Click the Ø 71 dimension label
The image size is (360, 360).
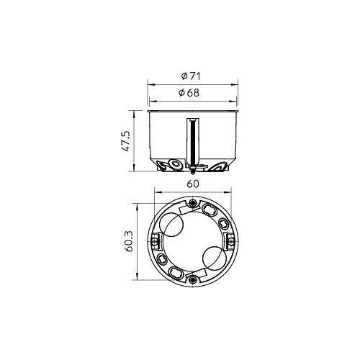pos(191,76)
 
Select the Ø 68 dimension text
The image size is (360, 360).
pos(189,93)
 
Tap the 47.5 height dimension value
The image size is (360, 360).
pos(126,141)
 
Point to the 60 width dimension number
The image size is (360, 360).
pos(193,184)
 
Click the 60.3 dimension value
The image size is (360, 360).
pos(129,241)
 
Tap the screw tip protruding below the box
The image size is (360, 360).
pos(192,172)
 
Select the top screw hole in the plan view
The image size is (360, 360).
pos(192,203)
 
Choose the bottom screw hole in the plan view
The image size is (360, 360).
pos(192,279)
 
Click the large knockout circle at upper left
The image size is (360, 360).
pos(172,224)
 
